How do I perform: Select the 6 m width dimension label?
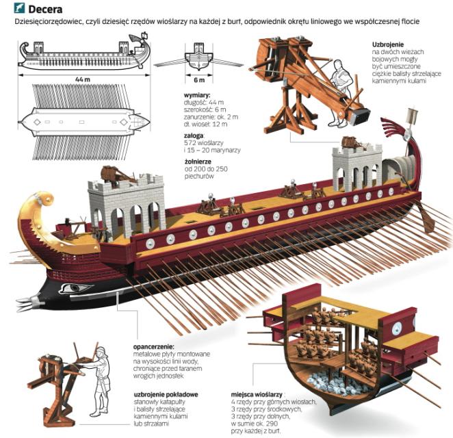click(198, 80)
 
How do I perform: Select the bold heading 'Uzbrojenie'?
click(389, 43)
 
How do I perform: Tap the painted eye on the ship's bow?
click(75, 288)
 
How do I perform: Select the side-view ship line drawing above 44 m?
click(83, 57)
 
